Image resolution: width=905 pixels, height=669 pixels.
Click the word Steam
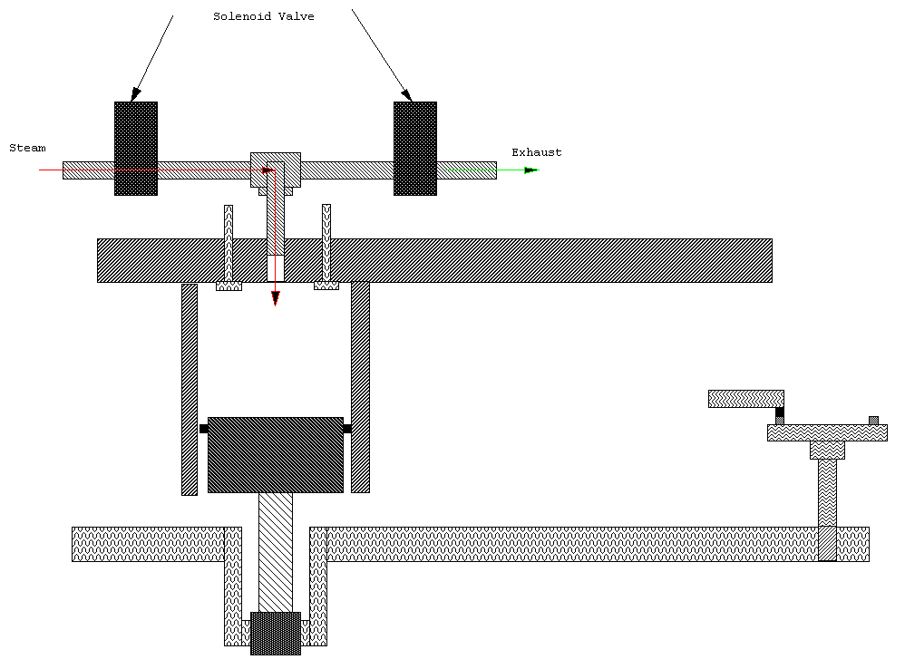[x=27, y=148]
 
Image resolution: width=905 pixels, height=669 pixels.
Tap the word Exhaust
[x=536, y=152]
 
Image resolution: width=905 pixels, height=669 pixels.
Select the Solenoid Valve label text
[x=263, y=16]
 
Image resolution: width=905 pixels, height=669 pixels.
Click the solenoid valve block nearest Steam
[x=135, y=148]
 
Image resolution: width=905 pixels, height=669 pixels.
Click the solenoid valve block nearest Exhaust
[x=414, y=148]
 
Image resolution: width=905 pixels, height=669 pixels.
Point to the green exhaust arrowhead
[x=530, y=170]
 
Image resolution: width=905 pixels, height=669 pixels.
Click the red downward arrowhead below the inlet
[x=275, y=298]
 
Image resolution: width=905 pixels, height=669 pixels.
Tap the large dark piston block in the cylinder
[x=275, y=454]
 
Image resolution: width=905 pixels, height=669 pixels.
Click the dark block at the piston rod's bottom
[x=275, y=633]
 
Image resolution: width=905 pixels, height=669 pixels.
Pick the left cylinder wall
[x=189, y=389]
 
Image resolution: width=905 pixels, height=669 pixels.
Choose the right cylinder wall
[x=360, y=387]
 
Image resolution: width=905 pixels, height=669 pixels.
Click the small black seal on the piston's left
[x=203, y=429]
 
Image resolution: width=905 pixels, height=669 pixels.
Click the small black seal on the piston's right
[x=347, y=429]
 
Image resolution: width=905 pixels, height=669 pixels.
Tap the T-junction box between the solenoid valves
[x=275, y=170]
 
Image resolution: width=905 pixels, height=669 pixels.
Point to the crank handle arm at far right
[x=745, y=398]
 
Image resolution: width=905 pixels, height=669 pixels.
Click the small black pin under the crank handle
[x=779, y=413]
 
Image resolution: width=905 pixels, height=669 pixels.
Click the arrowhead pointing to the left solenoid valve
[x=136, y=94]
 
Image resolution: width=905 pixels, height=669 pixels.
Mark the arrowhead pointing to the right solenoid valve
[x=406, y=94]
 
